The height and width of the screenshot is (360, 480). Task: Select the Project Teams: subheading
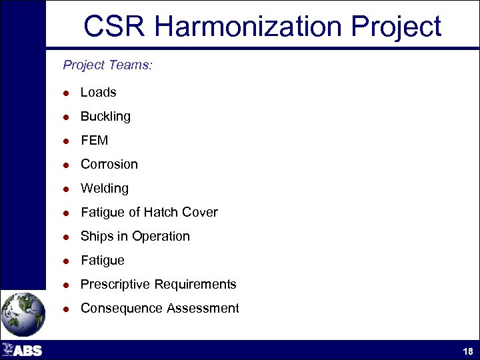(x=107, y=65)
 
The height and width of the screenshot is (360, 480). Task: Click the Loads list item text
(x=98, y=93)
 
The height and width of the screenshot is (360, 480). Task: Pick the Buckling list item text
(x=105, y=117)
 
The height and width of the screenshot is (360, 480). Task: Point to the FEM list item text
(x=94, y=141)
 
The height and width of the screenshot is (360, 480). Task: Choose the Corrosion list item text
(x=109, y=165)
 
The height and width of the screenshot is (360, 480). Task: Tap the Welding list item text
(x=104, y=189)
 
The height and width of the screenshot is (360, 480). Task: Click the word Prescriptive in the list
(x=115, y=285)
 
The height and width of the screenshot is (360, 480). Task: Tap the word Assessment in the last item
(x=203, y=309)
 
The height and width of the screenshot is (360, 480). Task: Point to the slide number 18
(x=467, y=351)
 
